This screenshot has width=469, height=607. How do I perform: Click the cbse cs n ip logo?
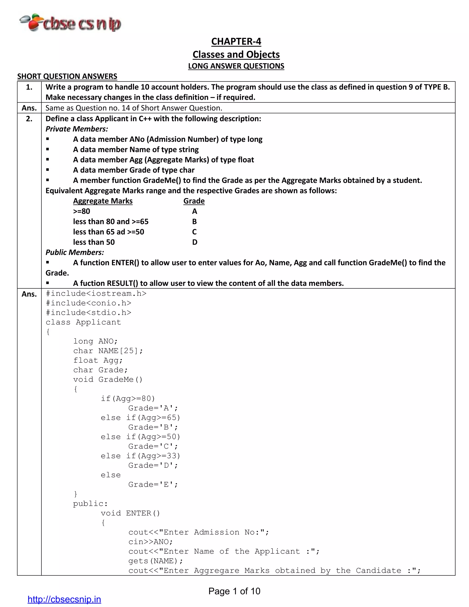(x=71, y=23)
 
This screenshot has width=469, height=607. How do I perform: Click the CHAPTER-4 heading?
(x=236, y=41)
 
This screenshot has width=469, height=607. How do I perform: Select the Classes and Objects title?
(x=236, y=55)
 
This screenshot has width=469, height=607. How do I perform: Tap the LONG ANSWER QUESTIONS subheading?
(x=236, y=66)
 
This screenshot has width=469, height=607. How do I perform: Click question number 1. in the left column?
(x=29, y=87)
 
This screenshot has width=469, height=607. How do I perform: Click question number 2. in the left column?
(x=29, y=119)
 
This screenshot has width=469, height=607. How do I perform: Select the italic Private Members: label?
(x=77, y=129)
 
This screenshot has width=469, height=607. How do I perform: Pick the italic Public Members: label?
(x=75, y=252)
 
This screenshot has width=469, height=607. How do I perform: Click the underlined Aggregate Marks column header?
(x=103, y=201)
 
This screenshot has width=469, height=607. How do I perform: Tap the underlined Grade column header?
(x=194, y=201)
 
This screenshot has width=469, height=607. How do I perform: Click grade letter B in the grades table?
(x=194, y=221)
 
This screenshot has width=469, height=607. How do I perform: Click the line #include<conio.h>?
(x=88, y=303)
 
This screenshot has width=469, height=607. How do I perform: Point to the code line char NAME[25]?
(x=108, y=351)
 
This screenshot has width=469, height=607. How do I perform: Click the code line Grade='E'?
(x=153, y=485)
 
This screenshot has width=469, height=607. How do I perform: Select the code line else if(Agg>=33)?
(x=140, y=456)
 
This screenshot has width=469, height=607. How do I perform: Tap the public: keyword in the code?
(x=90, y=504)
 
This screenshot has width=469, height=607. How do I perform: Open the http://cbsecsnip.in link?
(x=64, y=599)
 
